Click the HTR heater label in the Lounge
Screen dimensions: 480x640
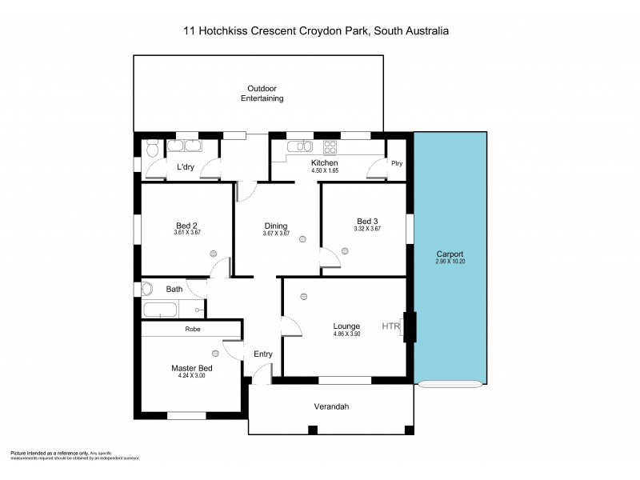(x=390, y=326)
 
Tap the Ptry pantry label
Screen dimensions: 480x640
(x=396, y=163)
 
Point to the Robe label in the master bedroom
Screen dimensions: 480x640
(x=192, y=329)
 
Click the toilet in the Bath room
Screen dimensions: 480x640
(x=146, y=289)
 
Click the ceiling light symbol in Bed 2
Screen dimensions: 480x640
(x=214, y=252)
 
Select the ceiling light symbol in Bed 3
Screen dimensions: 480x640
(x=344, y=250)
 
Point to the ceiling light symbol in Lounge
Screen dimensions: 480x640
(x=303, y=297)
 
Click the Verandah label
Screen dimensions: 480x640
(x=332, y=406)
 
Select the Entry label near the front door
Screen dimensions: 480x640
(x=262, y=354)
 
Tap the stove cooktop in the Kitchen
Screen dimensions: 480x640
(x=328, y=146)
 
